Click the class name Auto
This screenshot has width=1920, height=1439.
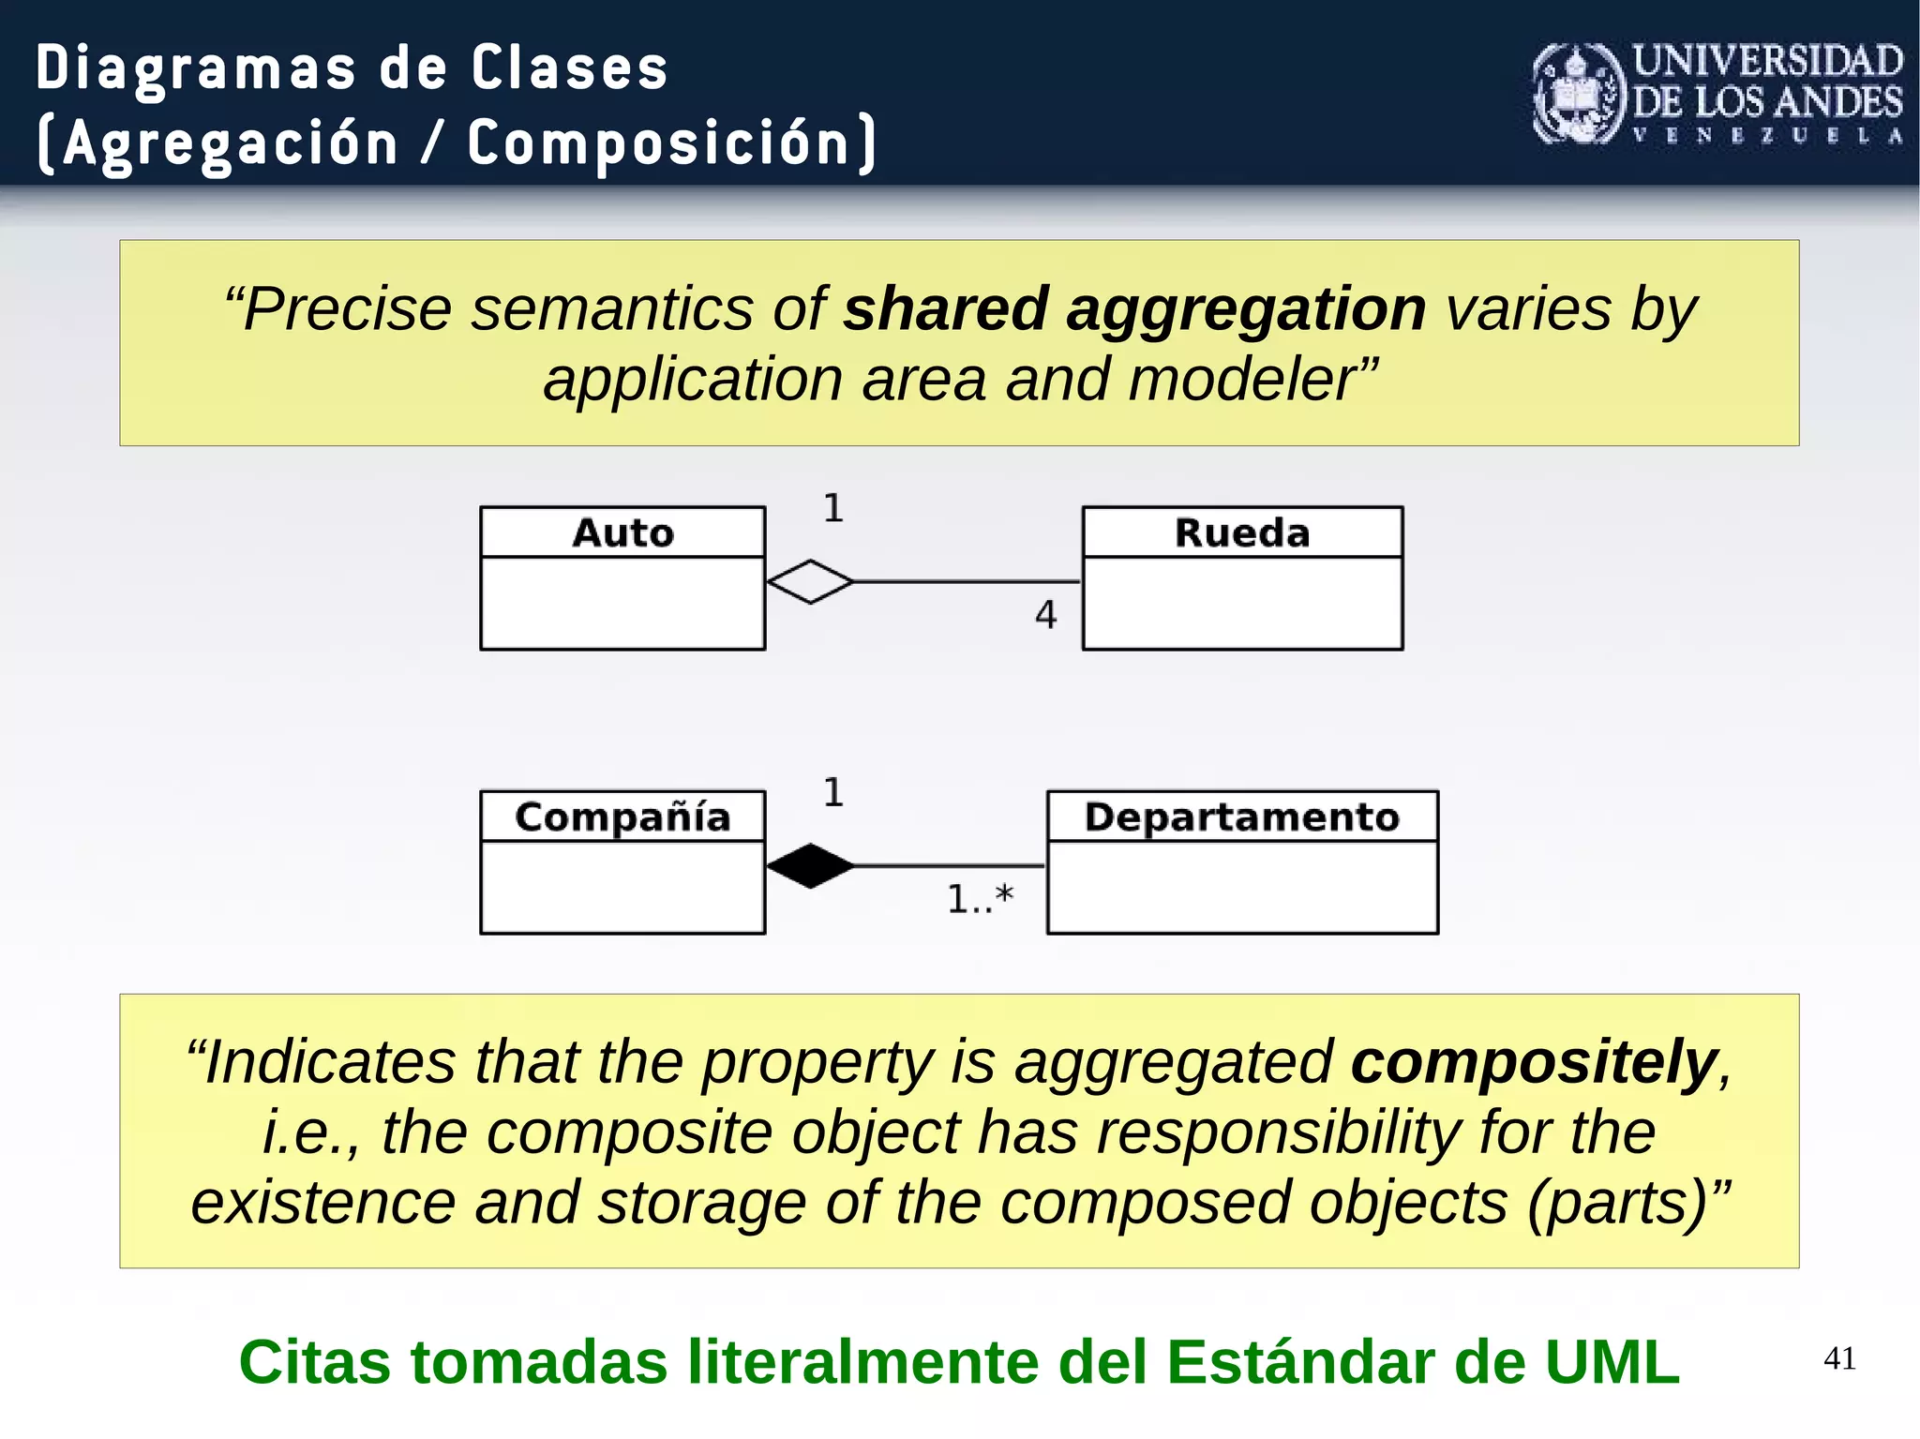tap(622, 532)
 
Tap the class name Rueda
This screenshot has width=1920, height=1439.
tap(1242, 532)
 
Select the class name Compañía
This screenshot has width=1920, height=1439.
tap(622, 817)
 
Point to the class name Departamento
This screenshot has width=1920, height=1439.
tap(1242, 817)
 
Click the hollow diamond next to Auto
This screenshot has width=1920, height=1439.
tap(810, 582)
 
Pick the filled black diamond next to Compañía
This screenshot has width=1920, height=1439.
tap(810, 866)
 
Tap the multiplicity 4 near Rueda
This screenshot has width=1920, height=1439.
tap(1045, 615)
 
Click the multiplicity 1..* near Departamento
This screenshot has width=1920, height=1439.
tap(980, 898)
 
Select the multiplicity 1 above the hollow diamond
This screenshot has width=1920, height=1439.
tap(833, 509)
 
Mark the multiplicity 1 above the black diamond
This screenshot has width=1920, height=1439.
tap(833, 793)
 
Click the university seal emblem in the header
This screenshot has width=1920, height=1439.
tap(1579, 94)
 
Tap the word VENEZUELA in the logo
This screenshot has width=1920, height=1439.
tap(1767, 136)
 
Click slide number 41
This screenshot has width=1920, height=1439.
tap(1839, 1358)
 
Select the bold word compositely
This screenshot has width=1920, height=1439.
tap(1533, 1062)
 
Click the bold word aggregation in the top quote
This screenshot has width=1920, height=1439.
tap(1246, 309)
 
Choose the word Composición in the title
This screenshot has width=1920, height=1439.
tap(658, 143)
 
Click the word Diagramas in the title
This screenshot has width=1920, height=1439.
tap(196, 68)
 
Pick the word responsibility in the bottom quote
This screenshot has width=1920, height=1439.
tap(1277, 1132)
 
